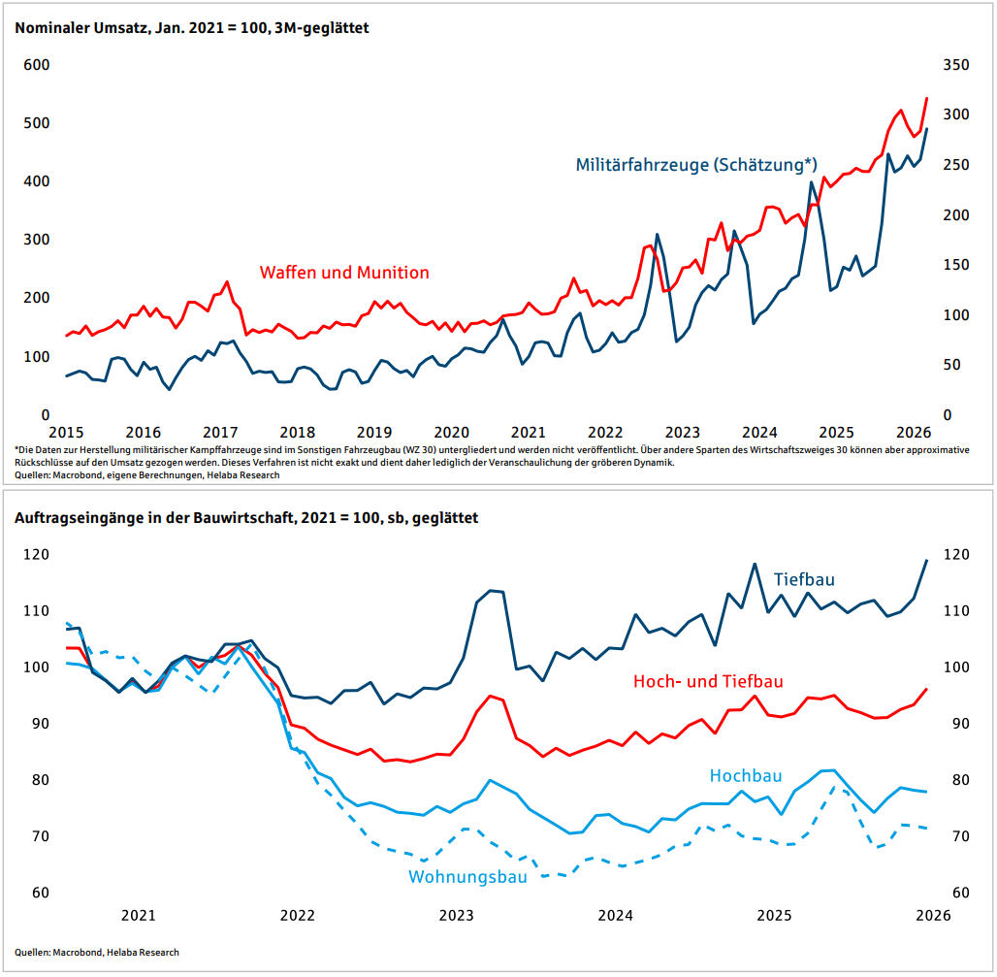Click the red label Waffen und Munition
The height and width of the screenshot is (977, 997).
point(344,273)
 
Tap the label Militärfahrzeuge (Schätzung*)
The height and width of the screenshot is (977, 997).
point(696,165)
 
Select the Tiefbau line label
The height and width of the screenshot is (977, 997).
point(804,579)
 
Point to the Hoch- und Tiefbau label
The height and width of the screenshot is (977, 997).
point(708,681)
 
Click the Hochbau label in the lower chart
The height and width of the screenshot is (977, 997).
point(745,775)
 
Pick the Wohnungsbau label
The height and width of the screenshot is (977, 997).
point(467,877)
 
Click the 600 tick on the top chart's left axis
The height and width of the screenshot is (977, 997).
point(36,65)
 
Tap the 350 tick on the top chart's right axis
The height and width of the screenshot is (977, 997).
point(956,65)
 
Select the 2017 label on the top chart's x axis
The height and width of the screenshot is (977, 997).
point(220,433)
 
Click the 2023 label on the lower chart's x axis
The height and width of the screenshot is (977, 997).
point(456,915)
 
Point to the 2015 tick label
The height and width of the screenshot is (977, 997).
point(66,433)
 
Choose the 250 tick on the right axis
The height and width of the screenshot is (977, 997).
point(956,165)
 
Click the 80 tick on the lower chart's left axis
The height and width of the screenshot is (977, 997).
point(40,780)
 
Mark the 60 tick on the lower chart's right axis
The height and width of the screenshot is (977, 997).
point(960,893)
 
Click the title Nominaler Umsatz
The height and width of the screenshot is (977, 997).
point(81,28)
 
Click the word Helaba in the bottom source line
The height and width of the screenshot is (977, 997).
point(122,952)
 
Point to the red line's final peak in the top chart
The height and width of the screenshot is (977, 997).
point(926,99)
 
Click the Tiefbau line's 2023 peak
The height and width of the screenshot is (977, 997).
point(491,590)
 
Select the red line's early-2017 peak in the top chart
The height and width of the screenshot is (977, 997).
point(227,281)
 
